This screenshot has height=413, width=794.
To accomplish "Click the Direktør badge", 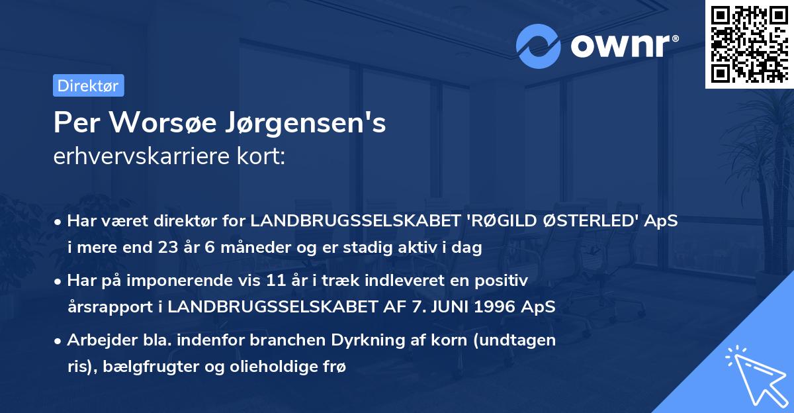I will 88,85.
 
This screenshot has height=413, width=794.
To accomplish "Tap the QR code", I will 749,44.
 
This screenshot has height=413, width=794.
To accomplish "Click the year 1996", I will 484,307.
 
